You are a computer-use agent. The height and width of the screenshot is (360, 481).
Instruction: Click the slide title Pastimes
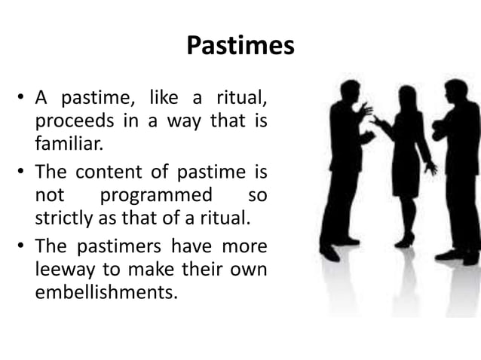240,47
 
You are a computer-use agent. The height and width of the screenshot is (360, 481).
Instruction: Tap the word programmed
156,195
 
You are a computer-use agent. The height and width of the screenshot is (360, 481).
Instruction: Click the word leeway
61,269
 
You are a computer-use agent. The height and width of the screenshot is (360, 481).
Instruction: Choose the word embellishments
106,292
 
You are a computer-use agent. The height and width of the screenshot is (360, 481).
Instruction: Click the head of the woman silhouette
407,96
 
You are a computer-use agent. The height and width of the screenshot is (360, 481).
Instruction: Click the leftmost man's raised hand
366,109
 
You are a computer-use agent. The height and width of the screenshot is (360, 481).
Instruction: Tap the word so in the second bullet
257,195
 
